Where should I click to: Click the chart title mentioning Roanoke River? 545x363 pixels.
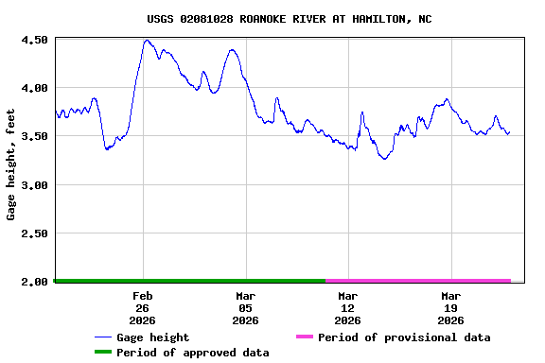pos(290,19)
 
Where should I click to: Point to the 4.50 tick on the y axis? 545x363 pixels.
pos(34,40)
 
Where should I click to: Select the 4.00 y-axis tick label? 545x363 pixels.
pos(34,88)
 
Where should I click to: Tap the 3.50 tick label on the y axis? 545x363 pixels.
pos(34,137)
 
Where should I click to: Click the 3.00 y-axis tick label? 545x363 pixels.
pos(34,185)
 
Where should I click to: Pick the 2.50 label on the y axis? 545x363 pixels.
pos(34,233)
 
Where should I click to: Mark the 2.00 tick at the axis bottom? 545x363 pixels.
pos(34,282)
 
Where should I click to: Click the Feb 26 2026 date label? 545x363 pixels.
pos(143,308)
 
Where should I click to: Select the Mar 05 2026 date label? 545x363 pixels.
pos(245,308)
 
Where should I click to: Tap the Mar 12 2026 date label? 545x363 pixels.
pos(347,308)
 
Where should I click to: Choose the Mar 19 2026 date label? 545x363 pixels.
pos(450,308)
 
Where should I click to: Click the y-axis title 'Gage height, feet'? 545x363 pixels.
pos(11,164)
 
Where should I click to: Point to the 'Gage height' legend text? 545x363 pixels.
pos(152,337)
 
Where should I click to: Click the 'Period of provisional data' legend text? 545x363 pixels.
pos(404,337)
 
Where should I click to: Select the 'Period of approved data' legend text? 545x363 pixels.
pos(193,353)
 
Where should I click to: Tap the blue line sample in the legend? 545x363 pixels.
pos(103,337)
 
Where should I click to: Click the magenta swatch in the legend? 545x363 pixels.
pos(304,337)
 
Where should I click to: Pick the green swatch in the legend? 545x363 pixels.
pos(103,353)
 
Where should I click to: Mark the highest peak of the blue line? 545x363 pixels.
pos(147,41)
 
